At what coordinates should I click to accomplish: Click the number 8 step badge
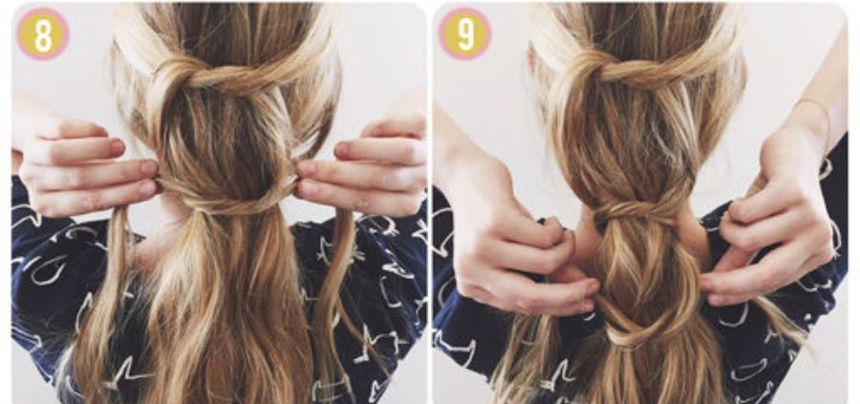tap(42, 34)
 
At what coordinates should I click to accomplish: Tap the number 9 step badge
tap(464, 34)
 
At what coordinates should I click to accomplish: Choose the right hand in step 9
tap(768, 230)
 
